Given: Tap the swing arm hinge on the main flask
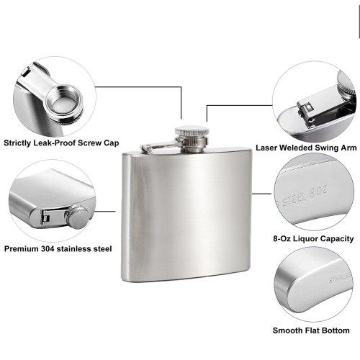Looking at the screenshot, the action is click(x=146, y=148).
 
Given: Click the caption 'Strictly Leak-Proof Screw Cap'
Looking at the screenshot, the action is click(x=61, y=143).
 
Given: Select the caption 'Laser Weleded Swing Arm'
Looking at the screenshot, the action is click(x=306, y=148).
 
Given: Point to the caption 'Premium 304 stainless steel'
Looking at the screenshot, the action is click(x=58, y=248).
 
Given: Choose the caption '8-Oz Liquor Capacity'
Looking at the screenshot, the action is click(x=313, y=239).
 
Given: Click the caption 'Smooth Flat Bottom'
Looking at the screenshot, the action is click(x=311, y=330).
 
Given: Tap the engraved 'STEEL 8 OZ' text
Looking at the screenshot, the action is click(x=305, y=196).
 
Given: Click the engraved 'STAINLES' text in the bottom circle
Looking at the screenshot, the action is click(x=340, y=278).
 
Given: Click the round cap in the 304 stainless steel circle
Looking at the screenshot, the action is click(x=78, y=217).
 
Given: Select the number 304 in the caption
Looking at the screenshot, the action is click(x=48, y=248).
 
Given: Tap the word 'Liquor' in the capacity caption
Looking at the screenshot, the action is click(x=306, y=239).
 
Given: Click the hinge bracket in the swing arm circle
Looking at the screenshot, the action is click(x=306, y=113).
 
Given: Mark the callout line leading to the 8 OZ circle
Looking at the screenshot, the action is click(x=261, y=194).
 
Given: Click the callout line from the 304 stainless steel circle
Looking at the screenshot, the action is click(x=105, y=212).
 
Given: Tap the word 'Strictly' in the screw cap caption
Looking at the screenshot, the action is click(x=17, y=143).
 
